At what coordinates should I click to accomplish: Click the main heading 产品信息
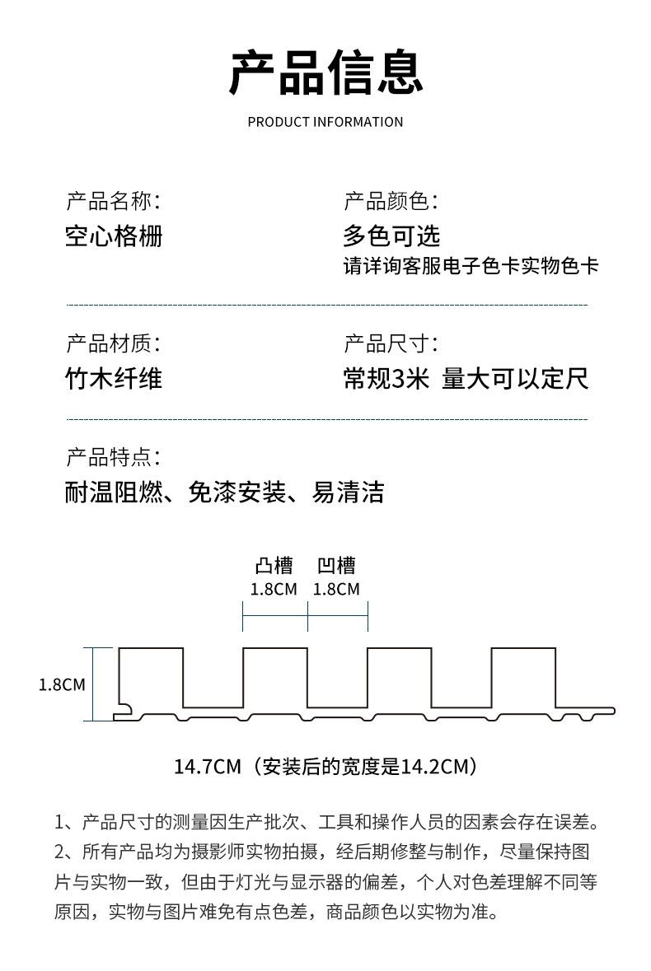click(x=325, y=72)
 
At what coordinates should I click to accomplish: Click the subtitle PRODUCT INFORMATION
click(x=325, y=122)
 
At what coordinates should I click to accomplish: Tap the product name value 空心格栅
click(x=114, y=236)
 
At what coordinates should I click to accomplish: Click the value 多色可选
click(x=391, y=236)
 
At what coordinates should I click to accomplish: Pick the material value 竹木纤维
click(x=114, y=378)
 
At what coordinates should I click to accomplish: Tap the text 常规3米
click(x=386, y=378)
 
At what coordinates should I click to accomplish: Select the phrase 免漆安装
click(x=237, y=493)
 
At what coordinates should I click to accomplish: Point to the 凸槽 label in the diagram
click(x=274, y=565)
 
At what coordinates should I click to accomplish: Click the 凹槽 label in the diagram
click(x=336, y=565)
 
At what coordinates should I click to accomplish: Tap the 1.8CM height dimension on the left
click(x=62, y=685)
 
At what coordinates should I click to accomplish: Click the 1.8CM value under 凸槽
click(x=274, y=589)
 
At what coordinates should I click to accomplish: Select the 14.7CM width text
click(x=208, y=767)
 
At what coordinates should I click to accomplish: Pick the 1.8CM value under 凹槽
click(x=336, y=589)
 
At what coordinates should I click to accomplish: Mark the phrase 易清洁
click(x=348, y=493)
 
